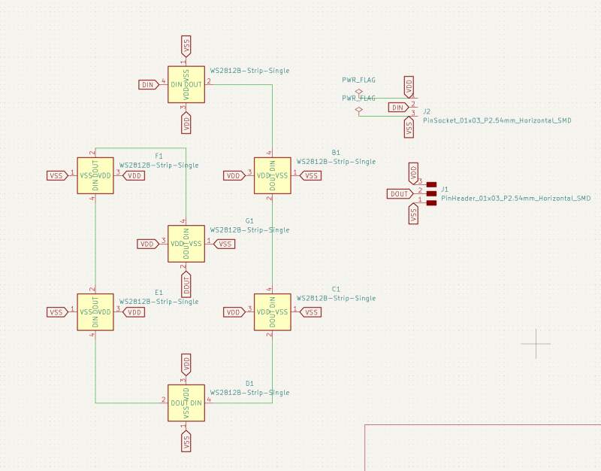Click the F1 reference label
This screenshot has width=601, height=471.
[x=159, y=156]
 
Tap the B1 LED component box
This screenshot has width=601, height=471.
[x=272, y=175]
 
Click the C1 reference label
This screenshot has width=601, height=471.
[x=336, y=289]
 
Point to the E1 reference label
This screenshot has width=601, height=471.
[x=159, y=292]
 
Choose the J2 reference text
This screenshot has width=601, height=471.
[x=427, y=111]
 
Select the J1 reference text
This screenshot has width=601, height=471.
[x=445, y=189]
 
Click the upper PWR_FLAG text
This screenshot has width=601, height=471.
[x=358, y=79]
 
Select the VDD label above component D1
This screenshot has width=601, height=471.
[x=186, y=366]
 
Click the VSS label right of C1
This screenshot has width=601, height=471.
[x=311, y=311]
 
